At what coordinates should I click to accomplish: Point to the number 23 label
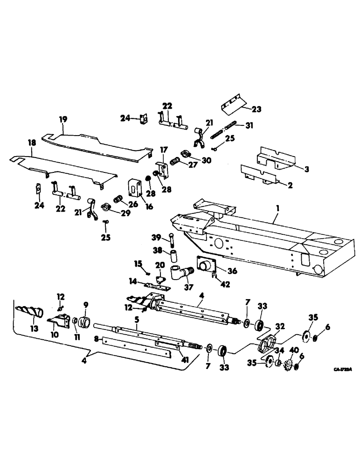point(256,110)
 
